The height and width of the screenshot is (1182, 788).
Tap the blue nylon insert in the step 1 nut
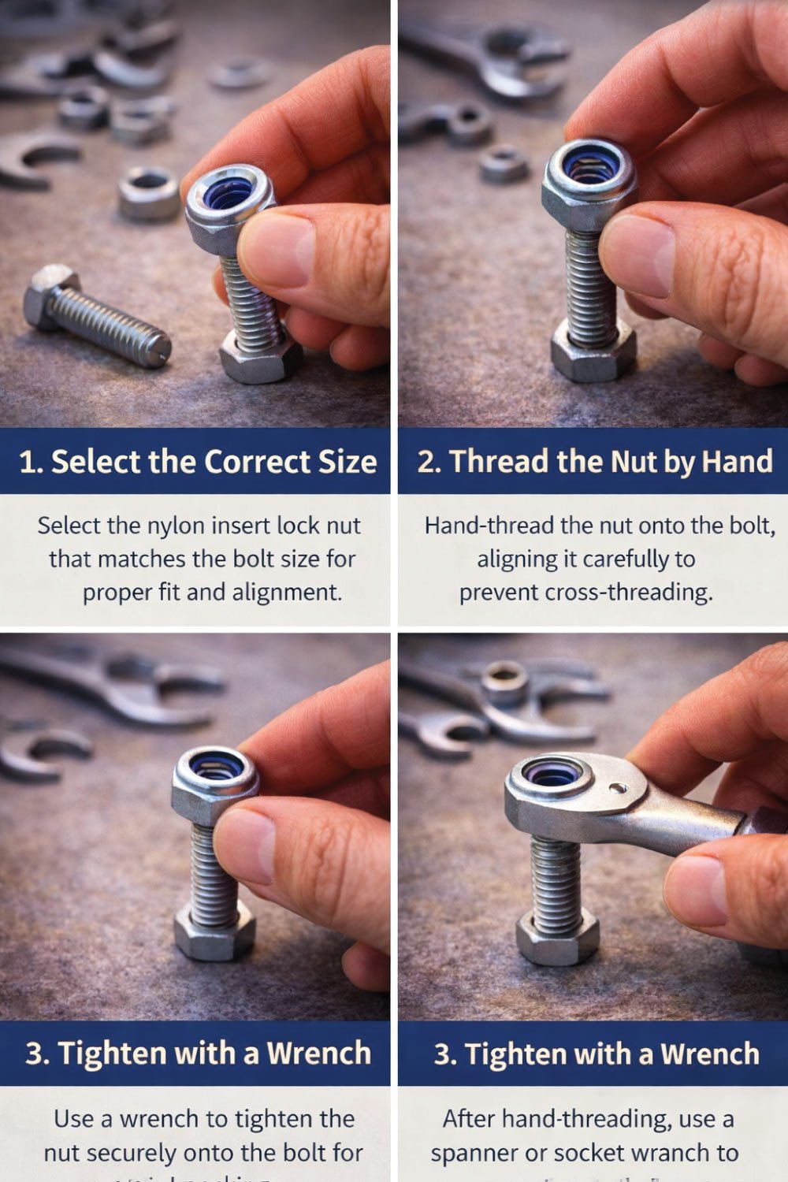click(228, 194)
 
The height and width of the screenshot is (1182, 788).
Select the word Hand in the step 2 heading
click(737, 462)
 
